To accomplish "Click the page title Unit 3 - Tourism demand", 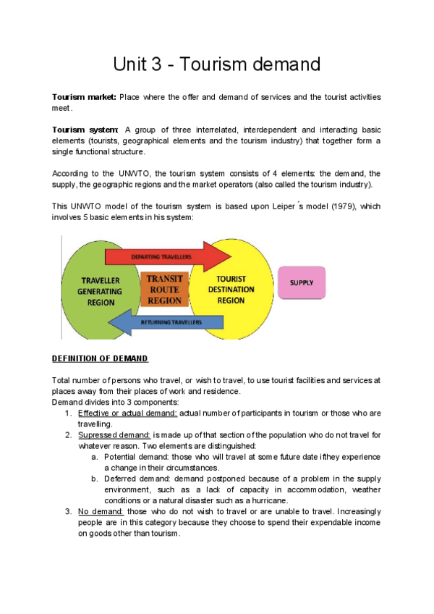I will [216, 64].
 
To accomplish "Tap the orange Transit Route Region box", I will [165, 290].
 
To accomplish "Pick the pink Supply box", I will [302, 282].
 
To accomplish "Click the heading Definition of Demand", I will [100, 358].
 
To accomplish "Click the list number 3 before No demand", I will [67, 512].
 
